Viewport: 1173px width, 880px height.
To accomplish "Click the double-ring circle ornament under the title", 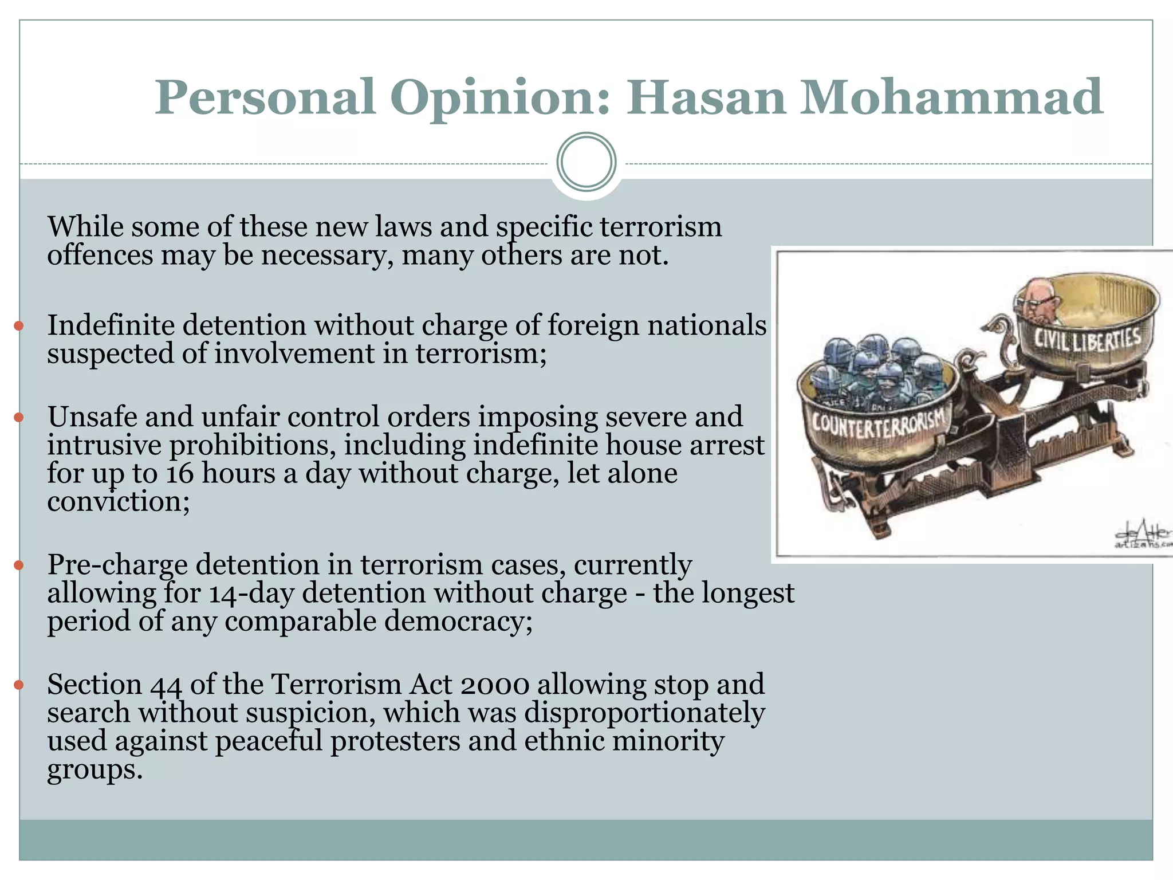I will (x=586, y=162).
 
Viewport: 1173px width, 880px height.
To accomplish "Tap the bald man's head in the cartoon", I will (x=1038, y=298).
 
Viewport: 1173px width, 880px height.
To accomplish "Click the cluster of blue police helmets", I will (x=879, y=367).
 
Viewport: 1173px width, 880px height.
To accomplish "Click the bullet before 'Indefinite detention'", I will (x=19, y=326).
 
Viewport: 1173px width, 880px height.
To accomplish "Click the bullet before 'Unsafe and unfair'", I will (x=19, y=417).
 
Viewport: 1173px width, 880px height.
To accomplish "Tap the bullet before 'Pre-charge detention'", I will (x=19, y=565).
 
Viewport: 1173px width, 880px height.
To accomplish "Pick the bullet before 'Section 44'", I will (x=19, y=685).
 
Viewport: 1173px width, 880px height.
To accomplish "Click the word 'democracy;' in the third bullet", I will (x=458, y=621).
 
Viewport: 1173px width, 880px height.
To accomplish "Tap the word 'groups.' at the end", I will (x=95, y=770).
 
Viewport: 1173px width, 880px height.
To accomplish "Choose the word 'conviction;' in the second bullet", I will (x=118, y=502).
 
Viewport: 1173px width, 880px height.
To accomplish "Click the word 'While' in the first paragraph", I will (x=86, y=227).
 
